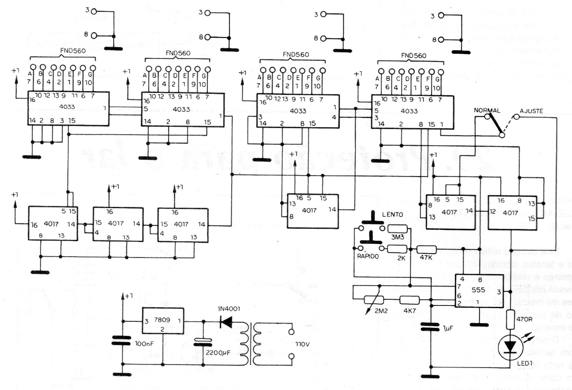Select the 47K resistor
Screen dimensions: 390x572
(426, 250)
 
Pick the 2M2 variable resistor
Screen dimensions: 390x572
(374, 300)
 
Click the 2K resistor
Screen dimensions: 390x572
(397, 250)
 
